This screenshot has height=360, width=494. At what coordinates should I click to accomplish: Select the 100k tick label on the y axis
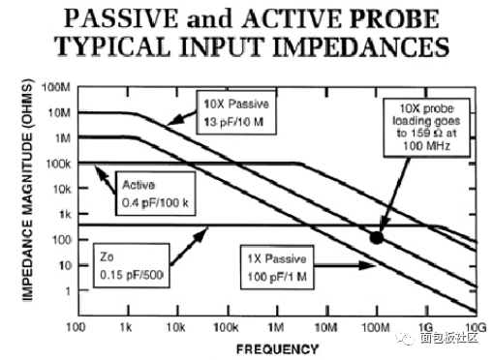56,163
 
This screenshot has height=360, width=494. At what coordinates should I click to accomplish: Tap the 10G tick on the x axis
474,326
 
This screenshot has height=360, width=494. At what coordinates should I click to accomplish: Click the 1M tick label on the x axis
275,326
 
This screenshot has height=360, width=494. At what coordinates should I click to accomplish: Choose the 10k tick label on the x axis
175,326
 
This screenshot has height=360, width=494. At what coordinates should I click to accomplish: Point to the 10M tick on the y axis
57,112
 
